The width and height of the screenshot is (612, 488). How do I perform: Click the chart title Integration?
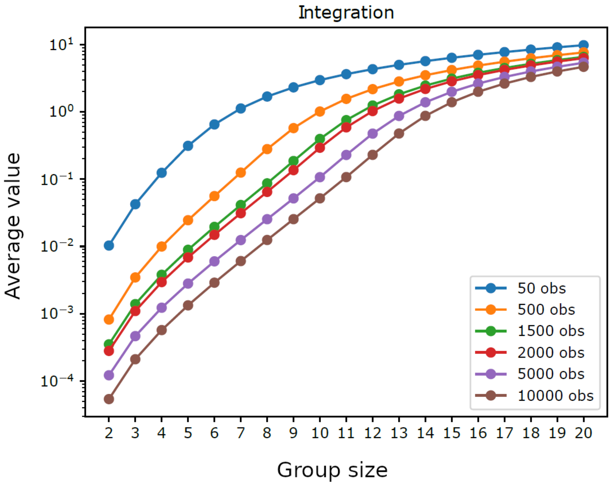click(x=346, y=13)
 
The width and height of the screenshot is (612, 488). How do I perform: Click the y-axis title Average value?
click(x=13, y=226)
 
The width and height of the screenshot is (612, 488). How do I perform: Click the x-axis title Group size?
click(x=332, y=470)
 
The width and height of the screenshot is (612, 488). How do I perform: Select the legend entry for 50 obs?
click(x=541, y=288)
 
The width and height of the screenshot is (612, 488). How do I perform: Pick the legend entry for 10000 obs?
click(x=555, y=396)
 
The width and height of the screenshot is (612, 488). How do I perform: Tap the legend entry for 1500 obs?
click(x=551, y=331)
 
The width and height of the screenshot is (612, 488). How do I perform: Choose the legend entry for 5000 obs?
click(x=551, y=374)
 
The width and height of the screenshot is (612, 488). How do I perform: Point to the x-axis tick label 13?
click(x=399, y=433)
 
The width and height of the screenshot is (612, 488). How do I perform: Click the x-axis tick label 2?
click(x=109, y=433)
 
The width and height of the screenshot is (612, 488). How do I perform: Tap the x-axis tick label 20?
click(x=583, y=433)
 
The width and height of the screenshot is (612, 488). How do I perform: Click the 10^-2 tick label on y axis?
click(x=57, y=246)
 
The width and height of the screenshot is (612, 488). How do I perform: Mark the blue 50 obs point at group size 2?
click(x=109, y=245)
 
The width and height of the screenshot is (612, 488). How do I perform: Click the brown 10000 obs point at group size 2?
click(x=109, y=399)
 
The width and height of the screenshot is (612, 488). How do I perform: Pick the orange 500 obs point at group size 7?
click(x=241, y=173)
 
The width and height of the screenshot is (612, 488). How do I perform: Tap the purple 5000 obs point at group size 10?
click(x=320, y=177)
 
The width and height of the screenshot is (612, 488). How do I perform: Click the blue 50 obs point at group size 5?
click(x=188, y=146)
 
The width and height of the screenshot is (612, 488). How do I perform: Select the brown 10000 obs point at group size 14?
click(x=425, y=116)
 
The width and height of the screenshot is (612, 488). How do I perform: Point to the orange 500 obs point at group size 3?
click(x=135, y=277)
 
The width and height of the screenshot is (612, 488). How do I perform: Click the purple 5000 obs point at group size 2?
click(x=109, y=375)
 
